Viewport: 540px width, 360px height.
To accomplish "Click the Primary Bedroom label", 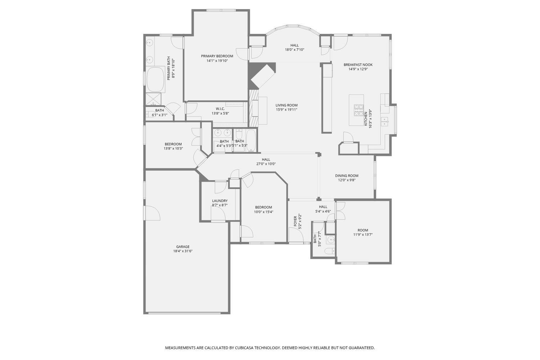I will click(x=217, y=56).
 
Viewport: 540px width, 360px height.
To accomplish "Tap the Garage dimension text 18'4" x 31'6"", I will click(x=183, y=251).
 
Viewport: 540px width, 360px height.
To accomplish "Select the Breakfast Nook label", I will click(x=358, y=65).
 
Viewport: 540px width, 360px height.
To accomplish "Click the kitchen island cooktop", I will click(x=359, y=110).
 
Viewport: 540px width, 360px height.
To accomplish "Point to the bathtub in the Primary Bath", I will click(x=156, y=79).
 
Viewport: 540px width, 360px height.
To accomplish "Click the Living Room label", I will click(x=287, y=105).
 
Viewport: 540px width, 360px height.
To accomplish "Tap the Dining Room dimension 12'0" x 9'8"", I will click(x=347, y=180).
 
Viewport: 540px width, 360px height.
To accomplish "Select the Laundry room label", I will click(x=220, y=201).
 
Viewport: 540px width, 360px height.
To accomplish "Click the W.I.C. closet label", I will click(x=220, y=109).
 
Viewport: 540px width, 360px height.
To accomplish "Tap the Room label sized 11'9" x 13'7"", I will click(x=363, y=230).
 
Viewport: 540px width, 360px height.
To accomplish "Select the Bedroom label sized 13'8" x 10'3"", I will click(x=173, y=144).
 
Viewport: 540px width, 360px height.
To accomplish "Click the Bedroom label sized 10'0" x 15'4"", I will click(x=264, y=207).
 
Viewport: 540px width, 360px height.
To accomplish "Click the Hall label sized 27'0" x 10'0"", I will click(x=266, y=159).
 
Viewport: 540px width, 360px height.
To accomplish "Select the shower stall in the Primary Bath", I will click(x=153, y=99).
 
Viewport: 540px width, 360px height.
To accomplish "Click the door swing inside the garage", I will click(x=152, y=213).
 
